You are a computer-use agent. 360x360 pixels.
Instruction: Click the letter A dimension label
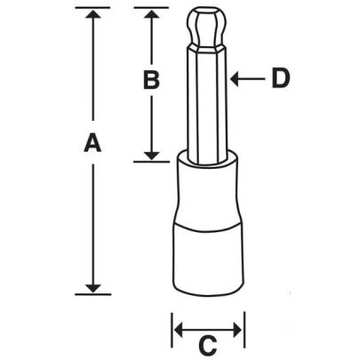92,143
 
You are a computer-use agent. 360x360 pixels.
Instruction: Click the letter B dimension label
151,80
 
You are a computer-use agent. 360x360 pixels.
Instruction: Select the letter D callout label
280,79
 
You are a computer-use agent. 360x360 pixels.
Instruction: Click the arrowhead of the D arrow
236,79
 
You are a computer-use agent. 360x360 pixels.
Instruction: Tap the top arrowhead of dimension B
152,15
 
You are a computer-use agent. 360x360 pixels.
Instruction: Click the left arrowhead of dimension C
178,331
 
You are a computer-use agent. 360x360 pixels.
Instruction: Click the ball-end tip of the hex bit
208,27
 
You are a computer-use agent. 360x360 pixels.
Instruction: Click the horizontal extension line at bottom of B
152,162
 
